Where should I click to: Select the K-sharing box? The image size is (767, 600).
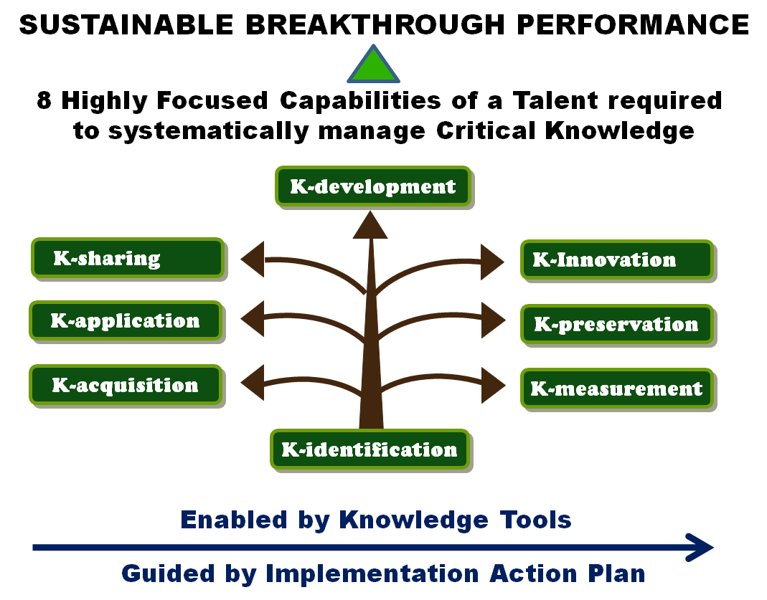128,258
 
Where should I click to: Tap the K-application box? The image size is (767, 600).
126,320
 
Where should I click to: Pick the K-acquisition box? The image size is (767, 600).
126,385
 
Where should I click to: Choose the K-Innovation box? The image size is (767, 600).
617,260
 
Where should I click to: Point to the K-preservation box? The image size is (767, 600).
617,325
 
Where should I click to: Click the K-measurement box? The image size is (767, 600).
617,389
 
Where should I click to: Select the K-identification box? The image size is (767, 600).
370,449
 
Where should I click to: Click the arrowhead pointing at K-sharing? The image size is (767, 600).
253,259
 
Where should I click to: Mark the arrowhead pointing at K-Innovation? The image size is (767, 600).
492,262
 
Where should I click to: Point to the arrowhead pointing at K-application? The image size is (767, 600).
253,318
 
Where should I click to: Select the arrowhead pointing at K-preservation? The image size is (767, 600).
493,320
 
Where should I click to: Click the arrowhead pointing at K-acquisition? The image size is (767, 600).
253,383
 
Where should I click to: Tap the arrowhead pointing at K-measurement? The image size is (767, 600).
493,386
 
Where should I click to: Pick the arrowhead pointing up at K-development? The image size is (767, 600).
370,226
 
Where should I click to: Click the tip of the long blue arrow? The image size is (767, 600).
714,548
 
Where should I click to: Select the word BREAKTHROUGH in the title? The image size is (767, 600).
375,24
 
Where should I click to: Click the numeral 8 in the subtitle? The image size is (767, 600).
44,100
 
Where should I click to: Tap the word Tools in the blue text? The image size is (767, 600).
536,520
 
